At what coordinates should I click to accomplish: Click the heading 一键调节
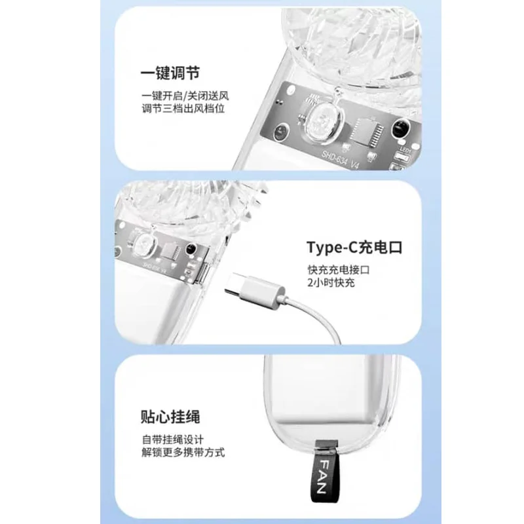pyautogui.click(x=170, y=73)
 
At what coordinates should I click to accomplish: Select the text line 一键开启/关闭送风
pyautogui.click(x=185, y=96)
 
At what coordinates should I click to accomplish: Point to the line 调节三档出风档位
pyautogui.click(x=183, y=109)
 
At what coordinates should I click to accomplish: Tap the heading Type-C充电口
pyautogui.click(x=354, y=248)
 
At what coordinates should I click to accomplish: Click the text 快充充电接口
pyautogui.click(x=339, y=270)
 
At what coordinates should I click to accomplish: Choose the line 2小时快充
pyautogui.click(x=331, y=283)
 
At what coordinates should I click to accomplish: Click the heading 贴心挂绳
pyautogui.click(x=170, y=417)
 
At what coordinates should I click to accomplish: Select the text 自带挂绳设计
pyautogui.click(x=172, y=439)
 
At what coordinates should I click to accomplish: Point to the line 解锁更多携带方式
pyautogui.click(x=183, y=452)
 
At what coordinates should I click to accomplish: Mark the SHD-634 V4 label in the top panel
pyautogui.click(x=340, y=159)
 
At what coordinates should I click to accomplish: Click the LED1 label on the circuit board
pyautogui.click(x=405, y=150)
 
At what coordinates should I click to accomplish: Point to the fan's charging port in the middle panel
pyautogui.click(x=204, y=272)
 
